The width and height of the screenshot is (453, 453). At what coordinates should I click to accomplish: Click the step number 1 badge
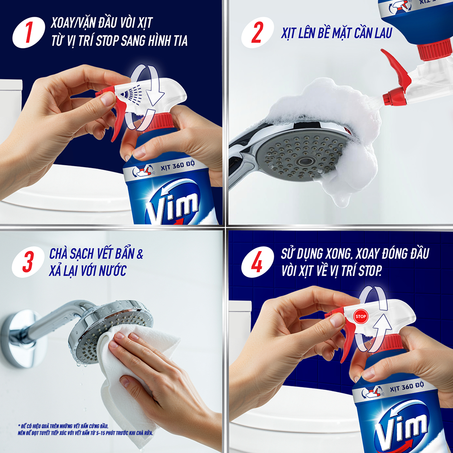(x=29, y=32)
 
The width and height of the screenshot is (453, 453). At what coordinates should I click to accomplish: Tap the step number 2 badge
(x=257, y=32)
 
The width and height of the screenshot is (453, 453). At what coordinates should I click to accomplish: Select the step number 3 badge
(x=28, y=262)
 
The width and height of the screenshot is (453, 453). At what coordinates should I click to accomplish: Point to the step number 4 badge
(x=257, y=262)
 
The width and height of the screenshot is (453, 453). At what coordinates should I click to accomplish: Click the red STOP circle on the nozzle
(x=361, y=316)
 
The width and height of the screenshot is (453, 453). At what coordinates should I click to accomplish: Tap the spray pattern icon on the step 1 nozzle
(x=131, y=92)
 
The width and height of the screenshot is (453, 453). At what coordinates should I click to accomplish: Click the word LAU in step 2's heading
(x=383, y=33)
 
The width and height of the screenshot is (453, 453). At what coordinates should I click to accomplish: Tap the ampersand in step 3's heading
(x=140, y=254)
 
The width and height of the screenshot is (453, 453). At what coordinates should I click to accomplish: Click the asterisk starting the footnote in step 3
(x=19, y=425)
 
